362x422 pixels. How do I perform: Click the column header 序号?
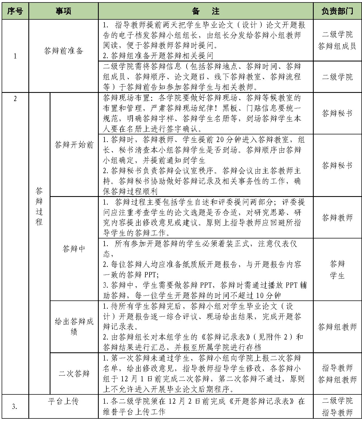click(15, 11)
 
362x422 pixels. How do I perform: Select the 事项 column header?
click(63, 11)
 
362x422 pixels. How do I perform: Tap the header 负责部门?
click(337, 11)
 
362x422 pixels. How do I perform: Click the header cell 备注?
click(205, 11)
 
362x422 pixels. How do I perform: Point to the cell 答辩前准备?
click(63, 51)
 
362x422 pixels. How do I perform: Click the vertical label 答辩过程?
click(39, 206)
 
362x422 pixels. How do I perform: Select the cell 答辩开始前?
click(74, 145)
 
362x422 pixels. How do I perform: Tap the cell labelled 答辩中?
click(74, 249)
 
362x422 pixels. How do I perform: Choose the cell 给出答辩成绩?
click(74, 326)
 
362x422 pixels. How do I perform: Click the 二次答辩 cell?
click(74, 373)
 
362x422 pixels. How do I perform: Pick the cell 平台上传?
click(63, 401)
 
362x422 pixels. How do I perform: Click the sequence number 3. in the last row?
click(15, 407)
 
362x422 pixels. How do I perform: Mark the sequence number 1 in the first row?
click(15, 56)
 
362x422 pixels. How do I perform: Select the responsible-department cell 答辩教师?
click(337, 217)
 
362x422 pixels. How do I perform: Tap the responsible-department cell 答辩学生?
click(337, 270)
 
